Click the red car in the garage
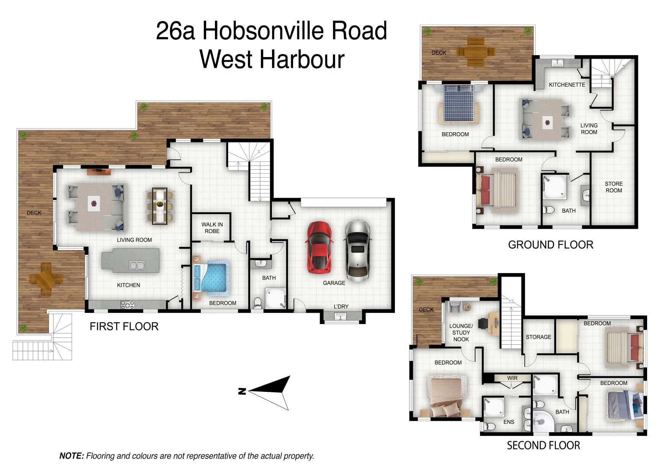tap(319, 247)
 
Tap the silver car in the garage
tap(358, 251)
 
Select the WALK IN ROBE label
tap(212, 228)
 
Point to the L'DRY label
tap(341, 306)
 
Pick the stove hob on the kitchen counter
tap(128, 305)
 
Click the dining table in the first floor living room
tap(159, 206)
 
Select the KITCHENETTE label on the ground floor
tap(567, 85)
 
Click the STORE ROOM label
tap(614, 187)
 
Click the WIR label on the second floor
tap(512, 378)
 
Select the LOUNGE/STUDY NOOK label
tap(461, 332)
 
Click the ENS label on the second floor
tap(509, 422)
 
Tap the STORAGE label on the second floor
tap(538, 337)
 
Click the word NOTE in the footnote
tap(71, 456)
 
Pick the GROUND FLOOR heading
tap(551, 245)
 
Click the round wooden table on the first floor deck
tap(46, 278)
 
